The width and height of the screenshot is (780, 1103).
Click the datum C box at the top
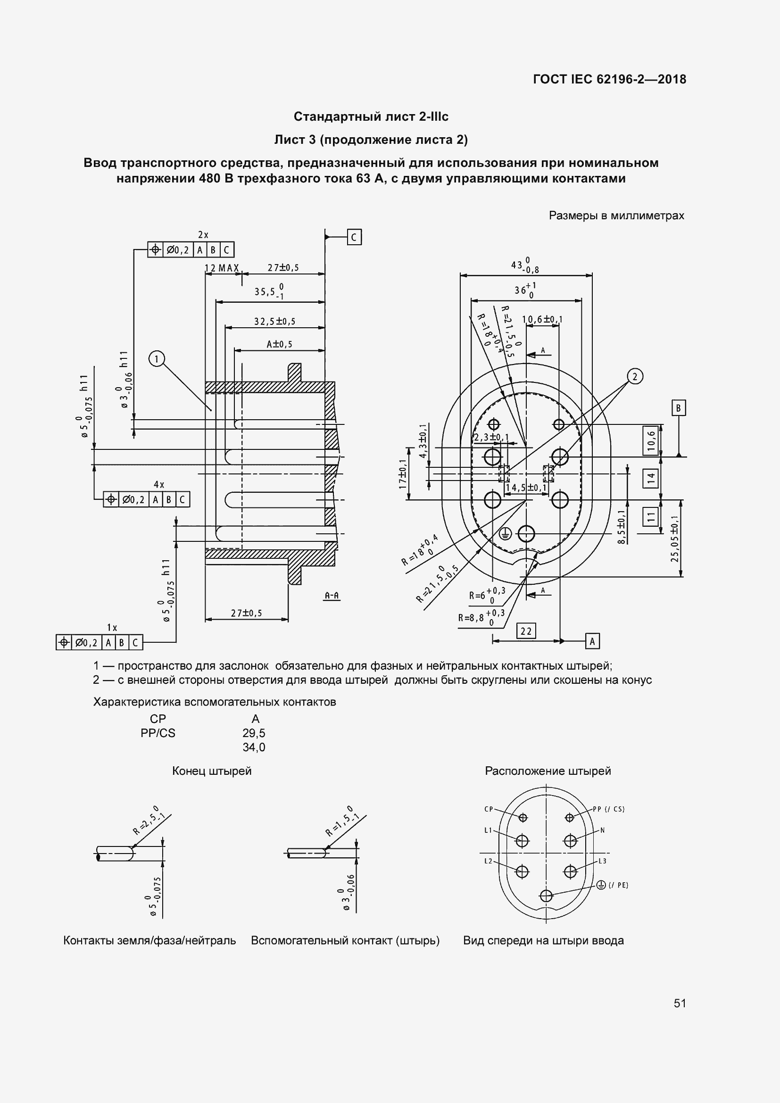354,237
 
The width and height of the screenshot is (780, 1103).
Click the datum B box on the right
678,408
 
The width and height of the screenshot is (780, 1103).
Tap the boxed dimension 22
526,631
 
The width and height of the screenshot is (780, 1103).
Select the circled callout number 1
157,359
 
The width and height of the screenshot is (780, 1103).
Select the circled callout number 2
635,376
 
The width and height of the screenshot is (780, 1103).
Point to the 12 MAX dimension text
222,268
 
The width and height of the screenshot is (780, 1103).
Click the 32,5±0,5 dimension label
275,322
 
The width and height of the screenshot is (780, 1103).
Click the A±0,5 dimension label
280,344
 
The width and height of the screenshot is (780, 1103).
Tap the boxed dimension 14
651,479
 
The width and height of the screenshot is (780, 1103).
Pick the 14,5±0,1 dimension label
526,488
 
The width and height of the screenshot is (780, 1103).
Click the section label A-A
332,596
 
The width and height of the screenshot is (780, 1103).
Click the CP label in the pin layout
489,809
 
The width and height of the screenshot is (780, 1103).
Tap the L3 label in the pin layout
602,861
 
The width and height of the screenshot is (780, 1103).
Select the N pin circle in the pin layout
570,841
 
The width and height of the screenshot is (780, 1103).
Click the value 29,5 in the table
254,733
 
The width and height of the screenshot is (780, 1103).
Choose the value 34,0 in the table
254,747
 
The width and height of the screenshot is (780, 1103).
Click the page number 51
680,1003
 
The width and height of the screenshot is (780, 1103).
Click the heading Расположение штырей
548,771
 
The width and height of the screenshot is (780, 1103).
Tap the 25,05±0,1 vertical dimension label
675,539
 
